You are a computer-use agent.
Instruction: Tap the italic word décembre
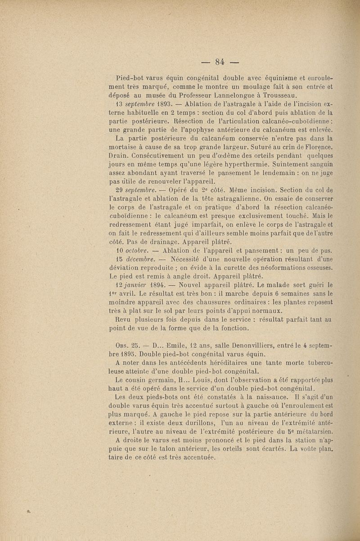(x=143, y=260)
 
